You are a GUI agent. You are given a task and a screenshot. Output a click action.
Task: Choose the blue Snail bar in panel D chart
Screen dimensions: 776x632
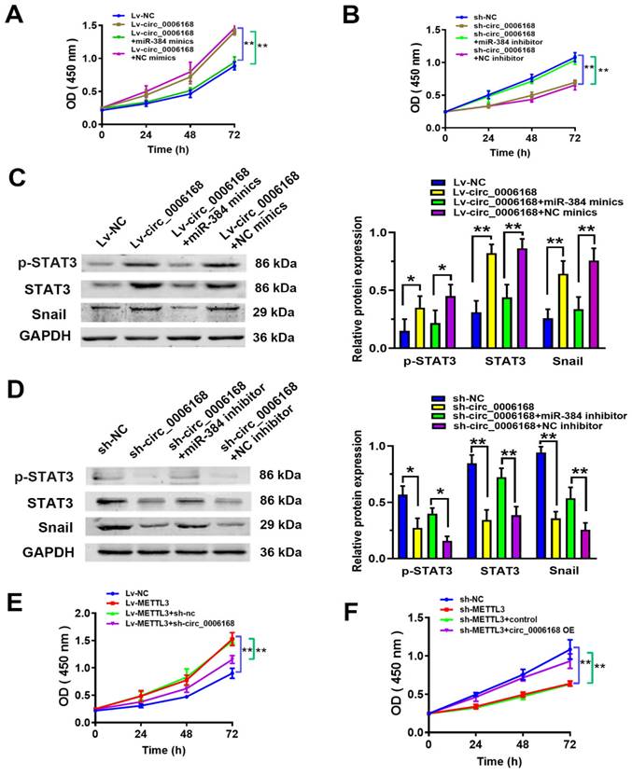tap(539, 507)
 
